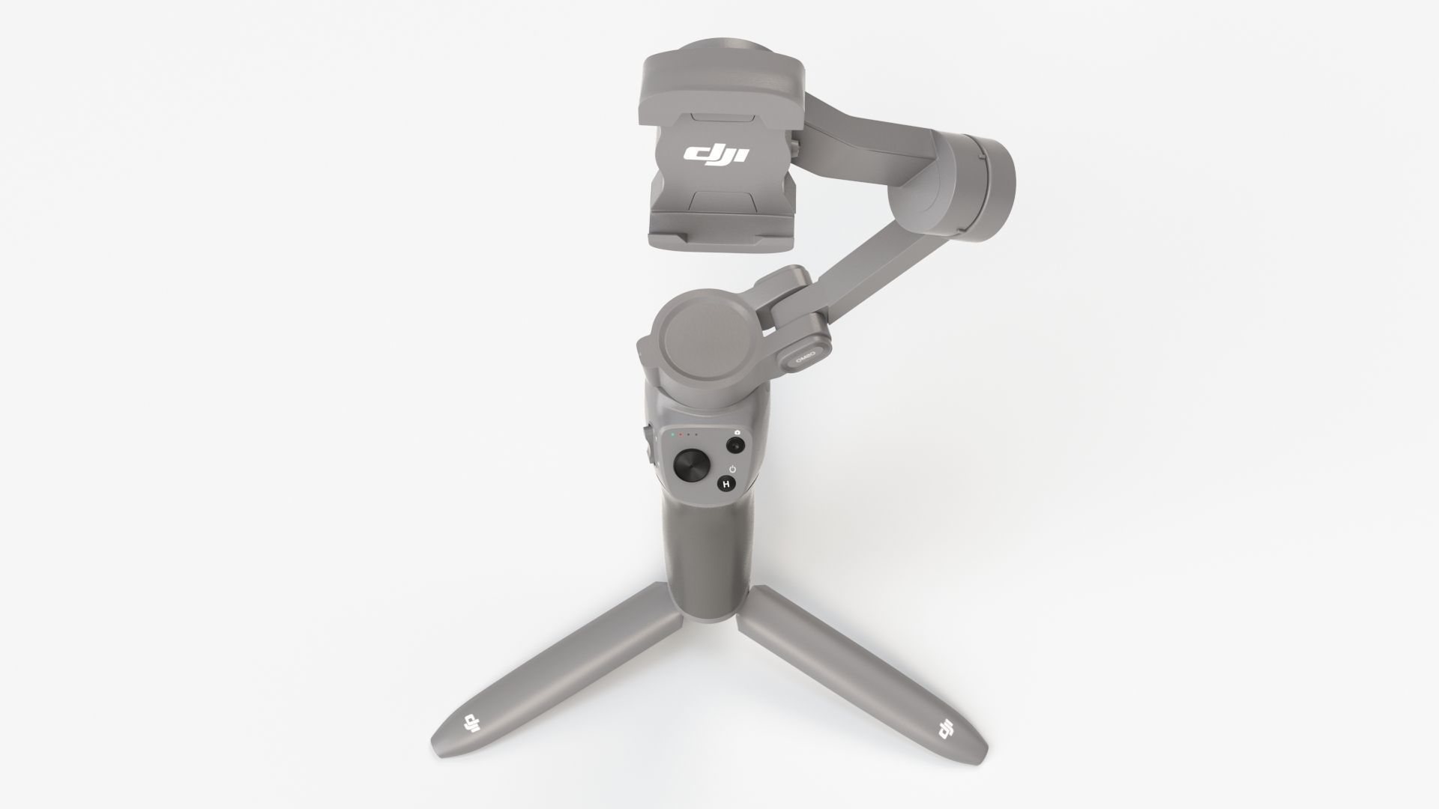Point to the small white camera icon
(x=738, y=432)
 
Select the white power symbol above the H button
(x=731, y=470)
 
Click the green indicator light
(x=672, y=434)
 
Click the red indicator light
(x=681, y=434)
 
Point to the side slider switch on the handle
(x=647, y=443)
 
